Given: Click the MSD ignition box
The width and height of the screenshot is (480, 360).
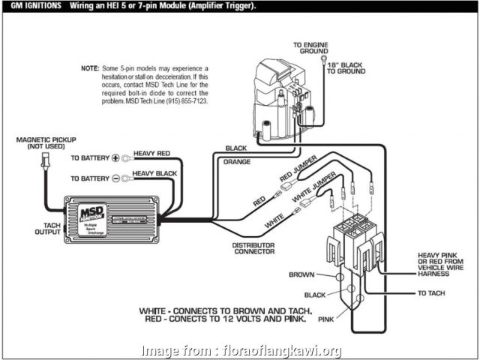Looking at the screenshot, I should [113, 217].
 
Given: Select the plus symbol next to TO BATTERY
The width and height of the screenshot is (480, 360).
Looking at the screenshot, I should [115, 158].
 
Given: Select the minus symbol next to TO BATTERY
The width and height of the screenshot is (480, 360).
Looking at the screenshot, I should [115, 178].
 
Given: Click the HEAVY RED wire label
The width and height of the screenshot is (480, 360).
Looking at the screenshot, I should [152, 153].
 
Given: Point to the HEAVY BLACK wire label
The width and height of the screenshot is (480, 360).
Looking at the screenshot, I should [154, 173].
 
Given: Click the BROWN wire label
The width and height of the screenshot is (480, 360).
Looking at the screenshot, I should [301, 274].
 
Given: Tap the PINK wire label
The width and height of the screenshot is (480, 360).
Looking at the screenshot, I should [327, 319].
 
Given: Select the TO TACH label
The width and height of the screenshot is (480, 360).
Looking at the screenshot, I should [430, 292].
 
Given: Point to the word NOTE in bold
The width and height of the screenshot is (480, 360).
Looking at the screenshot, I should [89, 68].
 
